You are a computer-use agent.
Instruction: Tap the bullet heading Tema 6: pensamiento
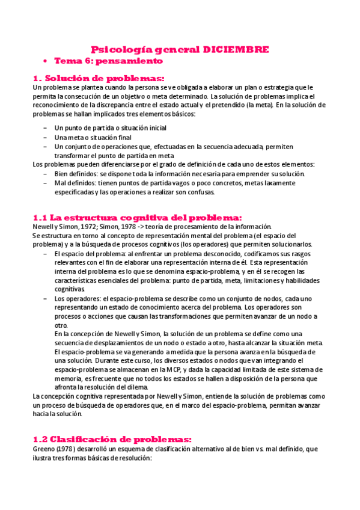pos(108,61)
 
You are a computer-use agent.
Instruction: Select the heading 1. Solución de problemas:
pos(97,78)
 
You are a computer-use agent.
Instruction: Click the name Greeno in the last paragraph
pos(44,449)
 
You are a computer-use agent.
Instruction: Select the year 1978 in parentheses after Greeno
pos(67,449)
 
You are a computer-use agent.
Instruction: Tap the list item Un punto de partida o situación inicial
pos(110,128)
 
